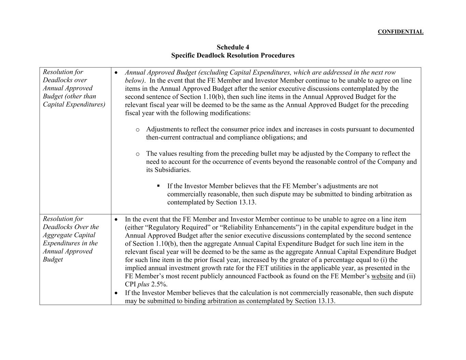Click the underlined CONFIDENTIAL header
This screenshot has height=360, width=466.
[400, 32]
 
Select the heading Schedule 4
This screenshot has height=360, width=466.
[233, 47]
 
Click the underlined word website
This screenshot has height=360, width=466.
[382, 276]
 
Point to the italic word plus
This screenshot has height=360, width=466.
[143, 284]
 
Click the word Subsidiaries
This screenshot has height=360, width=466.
[168, 170]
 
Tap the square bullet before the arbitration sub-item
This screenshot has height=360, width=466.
[158, 186]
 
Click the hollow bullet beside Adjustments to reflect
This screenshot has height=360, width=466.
[138, 130]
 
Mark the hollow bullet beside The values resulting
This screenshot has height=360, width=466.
[138, 154]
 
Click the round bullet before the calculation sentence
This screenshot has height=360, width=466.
[116, 293]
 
